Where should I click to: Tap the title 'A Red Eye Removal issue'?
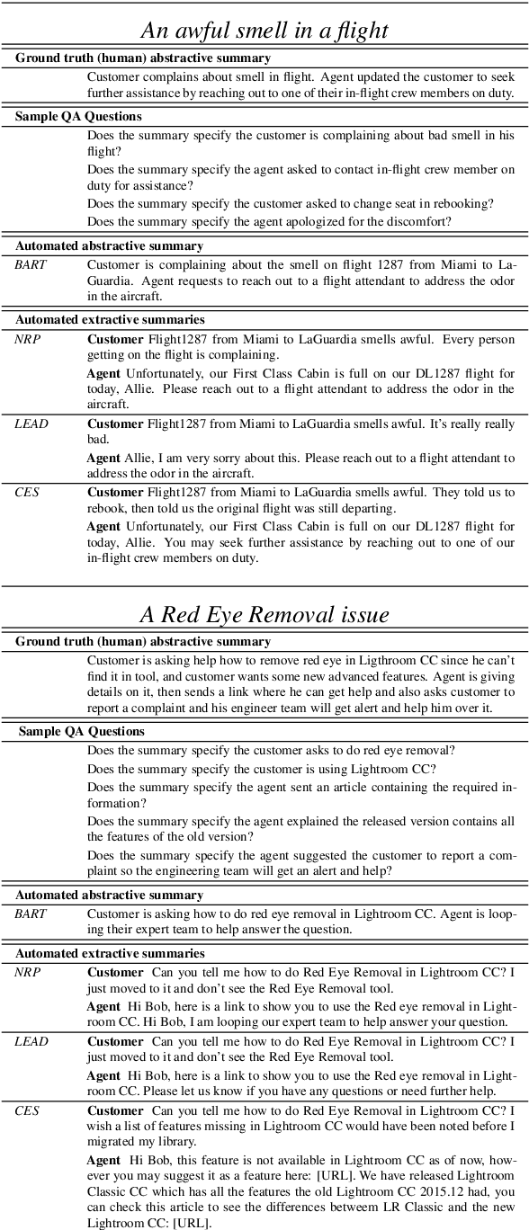264,615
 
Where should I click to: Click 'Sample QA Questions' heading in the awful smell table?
78,117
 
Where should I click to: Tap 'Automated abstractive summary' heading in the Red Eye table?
109,895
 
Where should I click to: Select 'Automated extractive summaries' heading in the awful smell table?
110,318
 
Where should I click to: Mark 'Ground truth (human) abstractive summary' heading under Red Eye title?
143,641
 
